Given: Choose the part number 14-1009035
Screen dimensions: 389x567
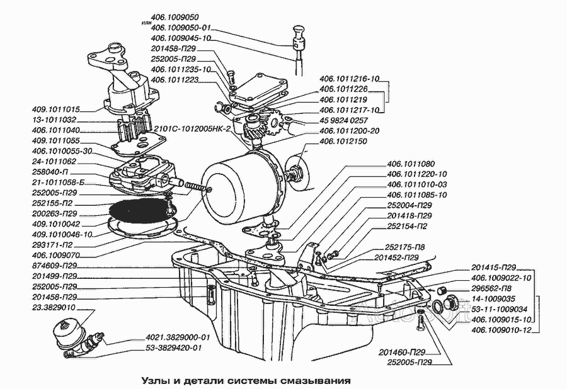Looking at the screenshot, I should click(x=493, y=298).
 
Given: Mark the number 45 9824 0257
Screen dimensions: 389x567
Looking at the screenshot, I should click(x=343, y=120).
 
